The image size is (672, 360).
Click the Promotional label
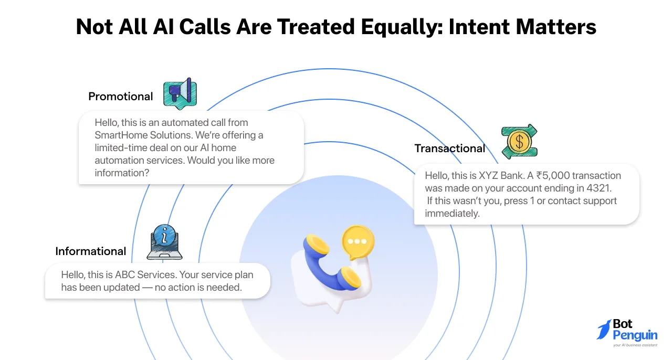[120, 97]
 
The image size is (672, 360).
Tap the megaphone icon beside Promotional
[179, 94]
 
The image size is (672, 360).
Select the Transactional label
[449, 149]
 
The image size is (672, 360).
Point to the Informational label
[90, 251]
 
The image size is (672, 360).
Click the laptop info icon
[164, 242]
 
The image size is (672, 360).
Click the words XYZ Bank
[501, 176]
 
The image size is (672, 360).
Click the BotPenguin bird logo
[604, 330]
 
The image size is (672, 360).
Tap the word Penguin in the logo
[635, 335]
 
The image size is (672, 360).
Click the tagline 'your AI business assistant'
[635, 345]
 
